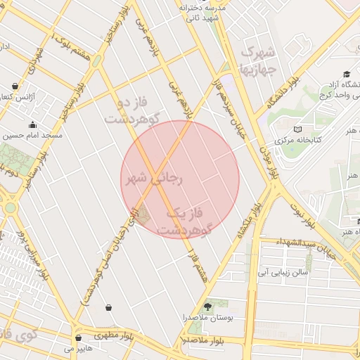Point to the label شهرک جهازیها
point(260,61)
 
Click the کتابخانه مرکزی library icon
point(297,129)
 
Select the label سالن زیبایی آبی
point(283,269)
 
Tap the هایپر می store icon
point(78,337)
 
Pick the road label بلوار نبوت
point(300,211)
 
